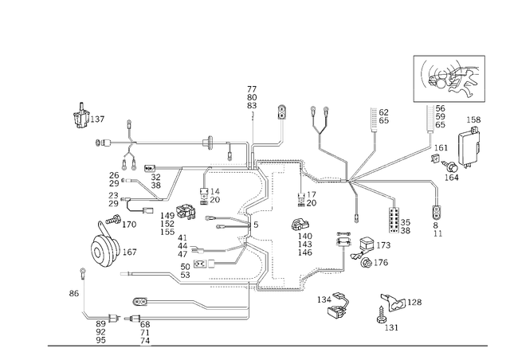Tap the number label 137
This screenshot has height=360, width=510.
pyautogui.click(x=97, y=119)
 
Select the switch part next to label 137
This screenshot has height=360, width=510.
pyautogui.click(x=80, y=115)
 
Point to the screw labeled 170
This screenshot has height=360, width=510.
pyautogui.click(x=113, y=219)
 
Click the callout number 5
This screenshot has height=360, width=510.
pyautogui.click(x=256, y=225)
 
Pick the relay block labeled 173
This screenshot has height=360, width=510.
pyautogui.click(x=367, y=244)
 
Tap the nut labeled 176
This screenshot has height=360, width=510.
pyautogui.click(x=367, y=263)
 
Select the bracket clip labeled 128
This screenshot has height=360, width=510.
pyautogui.click(x=393, y=302)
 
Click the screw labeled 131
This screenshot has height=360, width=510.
pyautogui.click(x=381, y=315)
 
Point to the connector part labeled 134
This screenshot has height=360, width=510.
pyautogui.click(x=338, y=305)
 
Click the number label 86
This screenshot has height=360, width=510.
pyautogui.click(x=74, y=293)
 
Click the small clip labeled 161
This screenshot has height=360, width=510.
pyautogui.click(x=435, y=158)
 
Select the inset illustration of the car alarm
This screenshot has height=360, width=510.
pyautogui.click(x=449, y=79)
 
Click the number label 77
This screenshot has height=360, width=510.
pyautogui.click(x=252, y=89)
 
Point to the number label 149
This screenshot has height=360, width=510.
pyautogui.click(x=167, y=216)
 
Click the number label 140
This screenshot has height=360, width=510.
pyautogui.click(x=304, y=236)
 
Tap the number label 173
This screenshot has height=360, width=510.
pyautogui.click(x=383, y=245)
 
